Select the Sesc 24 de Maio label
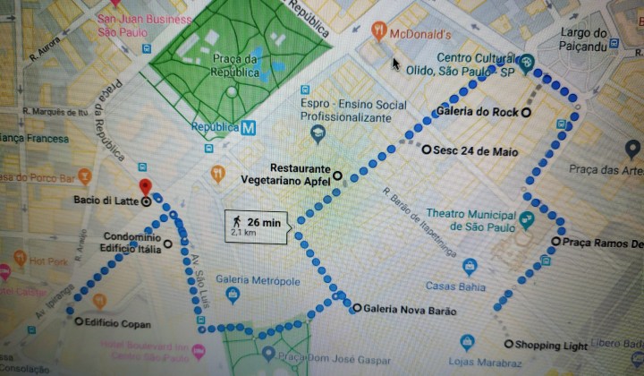click(475, 151)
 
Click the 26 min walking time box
click(256, 226)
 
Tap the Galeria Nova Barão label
click(410, 311)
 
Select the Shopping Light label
click(552, 346)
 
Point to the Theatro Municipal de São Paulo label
click(470, 220)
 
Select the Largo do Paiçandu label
click(583, 39)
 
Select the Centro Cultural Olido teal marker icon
click(527, 62)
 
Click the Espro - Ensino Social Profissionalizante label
click(352, 111)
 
